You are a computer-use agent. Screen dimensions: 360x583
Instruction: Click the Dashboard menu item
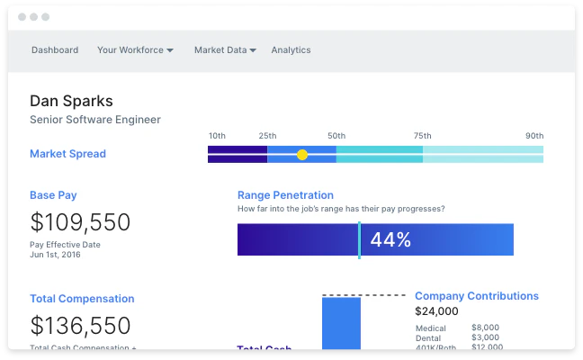click(55, 50)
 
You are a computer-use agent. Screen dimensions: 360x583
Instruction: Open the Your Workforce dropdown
click(135, 50)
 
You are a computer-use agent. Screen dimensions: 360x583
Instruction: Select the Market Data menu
click(225, 50)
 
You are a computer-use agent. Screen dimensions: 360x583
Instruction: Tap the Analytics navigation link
click(291, 50)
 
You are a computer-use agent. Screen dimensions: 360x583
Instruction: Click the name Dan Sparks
click(71, 101)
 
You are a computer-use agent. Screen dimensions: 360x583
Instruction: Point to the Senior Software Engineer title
click(95, 120)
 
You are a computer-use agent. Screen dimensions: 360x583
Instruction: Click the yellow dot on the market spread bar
click(302, 155)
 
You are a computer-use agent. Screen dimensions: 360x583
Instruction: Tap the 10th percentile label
click(217, 136)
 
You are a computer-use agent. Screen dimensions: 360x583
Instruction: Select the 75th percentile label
click(422, 136)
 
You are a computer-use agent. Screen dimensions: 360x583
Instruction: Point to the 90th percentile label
click(534, 136)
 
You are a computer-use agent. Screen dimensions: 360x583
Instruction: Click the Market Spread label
click(67, 154)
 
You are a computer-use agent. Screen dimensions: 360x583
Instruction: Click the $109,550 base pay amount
click(80, 222)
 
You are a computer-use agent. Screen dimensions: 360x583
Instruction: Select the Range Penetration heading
click(285, 194)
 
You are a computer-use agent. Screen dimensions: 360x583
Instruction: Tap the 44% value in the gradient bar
click(390, 240)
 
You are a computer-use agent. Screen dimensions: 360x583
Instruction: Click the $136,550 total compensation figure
click(80, 326)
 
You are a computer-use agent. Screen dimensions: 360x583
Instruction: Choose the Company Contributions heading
click(477, 296)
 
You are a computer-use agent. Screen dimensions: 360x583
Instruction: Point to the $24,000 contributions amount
click(436, 311)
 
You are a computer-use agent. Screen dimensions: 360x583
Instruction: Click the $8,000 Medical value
click(485, 328)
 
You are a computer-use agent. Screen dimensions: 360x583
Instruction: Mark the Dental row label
click(429, 337)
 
